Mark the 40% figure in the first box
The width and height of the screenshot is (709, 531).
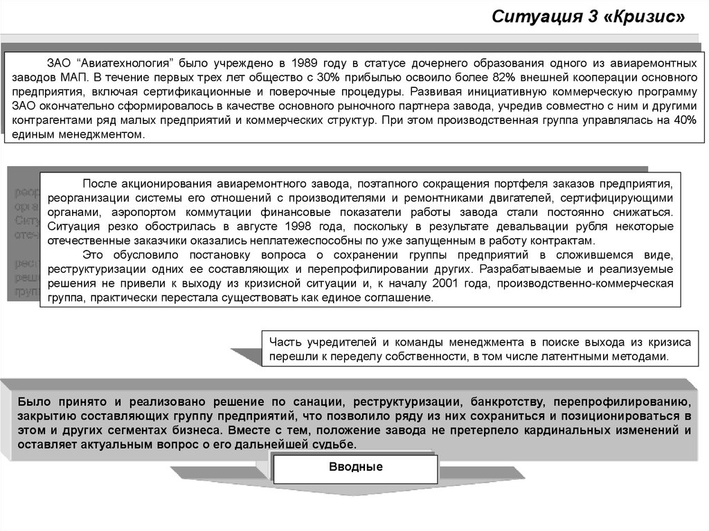click(x=685, y=120)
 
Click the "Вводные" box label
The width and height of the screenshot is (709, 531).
click(x=355, y=467)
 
